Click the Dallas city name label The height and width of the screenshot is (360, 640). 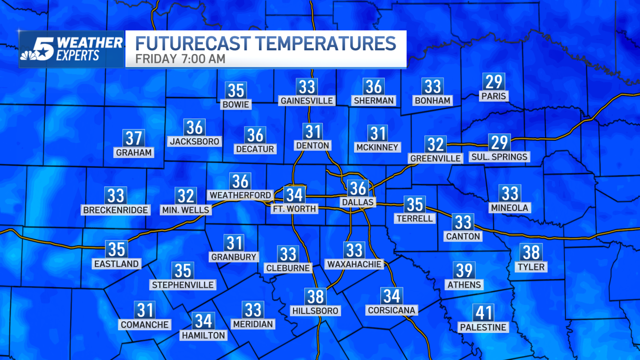tap(358, 202)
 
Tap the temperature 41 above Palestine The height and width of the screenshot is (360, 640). tap(483, 312)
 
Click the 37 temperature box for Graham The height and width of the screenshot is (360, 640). tap(134, 138)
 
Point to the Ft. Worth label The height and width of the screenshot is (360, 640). tap(294, 209)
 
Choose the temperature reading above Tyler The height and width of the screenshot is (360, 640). tap(531, 253)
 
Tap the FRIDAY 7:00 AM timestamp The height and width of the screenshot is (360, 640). tap(180, 59)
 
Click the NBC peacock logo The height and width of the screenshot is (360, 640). tap(29, 55)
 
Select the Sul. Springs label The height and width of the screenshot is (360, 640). tap(499, 156)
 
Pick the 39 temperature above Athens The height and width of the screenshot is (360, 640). tap(464, 271)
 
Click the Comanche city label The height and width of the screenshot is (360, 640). tap(145, 325)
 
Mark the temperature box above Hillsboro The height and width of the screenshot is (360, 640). tap(315, 297)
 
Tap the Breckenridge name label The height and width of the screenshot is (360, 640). tap(116, 210)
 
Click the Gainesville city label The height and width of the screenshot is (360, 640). tap(307, 101)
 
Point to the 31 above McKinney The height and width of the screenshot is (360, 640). tap(377, 134)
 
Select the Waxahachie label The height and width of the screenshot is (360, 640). tap(354, 265)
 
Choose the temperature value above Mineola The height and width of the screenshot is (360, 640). tap(510, 193)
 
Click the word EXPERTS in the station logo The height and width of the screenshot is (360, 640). tap(78, 56)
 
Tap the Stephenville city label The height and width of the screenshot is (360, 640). tap(183, 285)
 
